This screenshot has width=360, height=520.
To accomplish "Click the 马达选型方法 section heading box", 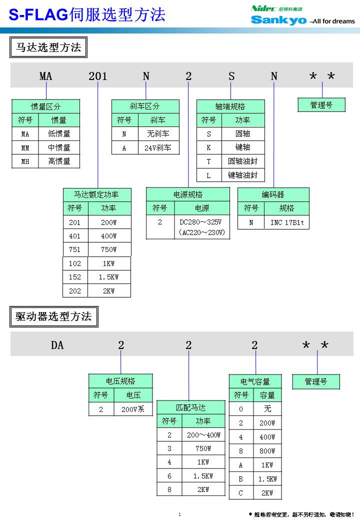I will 48,48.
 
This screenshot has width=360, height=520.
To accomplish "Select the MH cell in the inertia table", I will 25,161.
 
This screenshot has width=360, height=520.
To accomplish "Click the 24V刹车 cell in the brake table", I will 158,147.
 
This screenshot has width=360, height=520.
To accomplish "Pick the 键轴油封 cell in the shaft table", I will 242,175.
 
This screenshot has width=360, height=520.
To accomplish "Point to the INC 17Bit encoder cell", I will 286,222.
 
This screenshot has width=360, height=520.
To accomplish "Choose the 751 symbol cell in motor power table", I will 75,249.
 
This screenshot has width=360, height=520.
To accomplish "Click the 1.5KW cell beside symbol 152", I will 108,277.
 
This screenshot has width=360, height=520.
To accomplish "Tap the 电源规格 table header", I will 188,194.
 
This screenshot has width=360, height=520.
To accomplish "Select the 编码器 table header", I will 273,194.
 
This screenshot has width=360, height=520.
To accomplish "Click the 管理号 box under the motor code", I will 321,105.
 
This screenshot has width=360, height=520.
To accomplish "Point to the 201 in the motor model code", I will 97,76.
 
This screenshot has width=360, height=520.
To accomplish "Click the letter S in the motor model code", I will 231,76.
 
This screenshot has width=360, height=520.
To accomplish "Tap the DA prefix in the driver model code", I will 57,345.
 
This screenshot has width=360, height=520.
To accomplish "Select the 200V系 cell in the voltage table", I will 133,409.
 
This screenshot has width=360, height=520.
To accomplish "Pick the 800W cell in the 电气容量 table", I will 267,450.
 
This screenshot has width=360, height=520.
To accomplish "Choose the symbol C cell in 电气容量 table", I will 240,492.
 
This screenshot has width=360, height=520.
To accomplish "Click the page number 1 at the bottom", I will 179,514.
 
